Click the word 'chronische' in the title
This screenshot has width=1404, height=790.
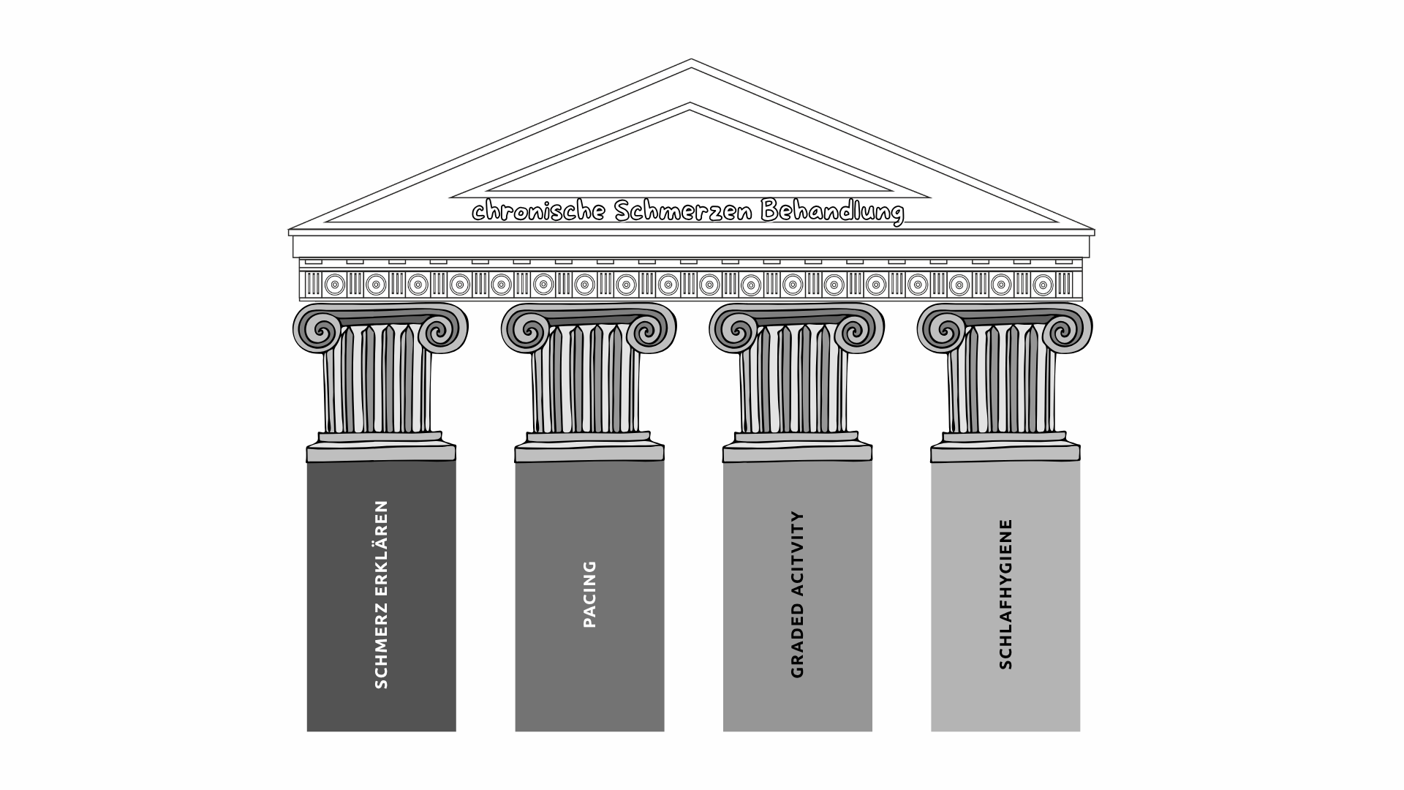[x=539, y=211]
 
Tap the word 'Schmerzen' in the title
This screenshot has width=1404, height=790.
[x=684, y=211]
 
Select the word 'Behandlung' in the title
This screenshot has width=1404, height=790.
[x=833, y=211]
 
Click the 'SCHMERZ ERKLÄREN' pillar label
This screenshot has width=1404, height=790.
[x=381, y=594]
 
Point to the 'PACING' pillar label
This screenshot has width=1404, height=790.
[x=589, y=594]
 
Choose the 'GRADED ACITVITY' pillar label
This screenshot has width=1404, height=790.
[x=797, y=594]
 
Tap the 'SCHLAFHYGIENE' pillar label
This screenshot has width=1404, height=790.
[x=1005, y=594]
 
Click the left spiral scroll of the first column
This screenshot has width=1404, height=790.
[x=317, y=330]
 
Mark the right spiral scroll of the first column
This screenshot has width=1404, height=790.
[x=444, y=330]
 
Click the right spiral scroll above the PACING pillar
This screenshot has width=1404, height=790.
[x=652, y=330]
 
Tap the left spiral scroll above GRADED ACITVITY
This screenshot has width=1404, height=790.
[x=733, y=330]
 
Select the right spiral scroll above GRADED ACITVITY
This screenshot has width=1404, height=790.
[x=860, y=330]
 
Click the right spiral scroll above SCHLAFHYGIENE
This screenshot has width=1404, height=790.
[x=1068, y=330]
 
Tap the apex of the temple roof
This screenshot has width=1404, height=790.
[x=691, y=59]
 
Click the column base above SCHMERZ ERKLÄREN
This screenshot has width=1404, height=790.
[x=381, y=447]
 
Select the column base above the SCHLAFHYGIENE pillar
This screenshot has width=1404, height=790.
[x=1005, y=447]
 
